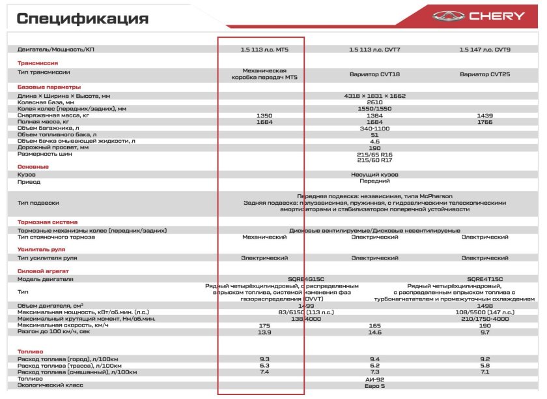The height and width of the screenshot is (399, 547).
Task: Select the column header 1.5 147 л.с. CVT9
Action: point(484,49)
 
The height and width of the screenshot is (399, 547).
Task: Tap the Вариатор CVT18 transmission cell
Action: point(374,74)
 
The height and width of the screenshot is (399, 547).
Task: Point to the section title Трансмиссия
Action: point(38,63)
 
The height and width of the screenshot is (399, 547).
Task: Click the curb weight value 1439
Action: point(484,115)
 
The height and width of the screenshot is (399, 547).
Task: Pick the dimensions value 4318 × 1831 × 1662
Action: point(374,96)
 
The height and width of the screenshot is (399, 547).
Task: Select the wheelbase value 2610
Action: point(374,102)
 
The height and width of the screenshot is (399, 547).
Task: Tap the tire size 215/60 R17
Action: point(374,160)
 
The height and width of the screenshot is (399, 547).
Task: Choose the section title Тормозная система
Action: point(47,222)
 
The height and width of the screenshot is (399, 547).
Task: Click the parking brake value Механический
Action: point(264,237)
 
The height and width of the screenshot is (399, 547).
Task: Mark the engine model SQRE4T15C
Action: point(484,279)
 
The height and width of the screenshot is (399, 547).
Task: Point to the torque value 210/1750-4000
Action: point(484,318)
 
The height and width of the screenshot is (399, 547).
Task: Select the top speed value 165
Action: point(374,325)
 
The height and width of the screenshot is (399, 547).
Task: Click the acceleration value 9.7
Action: point(484,332)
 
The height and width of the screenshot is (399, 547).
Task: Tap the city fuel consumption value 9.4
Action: point(374,359)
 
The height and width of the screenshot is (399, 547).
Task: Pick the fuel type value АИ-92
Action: point(374,379)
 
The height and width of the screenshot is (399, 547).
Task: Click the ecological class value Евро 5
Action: point(374,386)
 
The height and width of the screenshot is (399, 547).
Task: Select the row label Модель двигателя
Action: point(45,279)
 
